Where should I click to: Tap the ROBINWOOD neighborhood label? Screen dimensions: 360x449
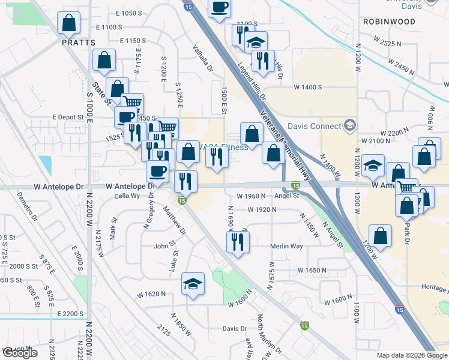(389, 22)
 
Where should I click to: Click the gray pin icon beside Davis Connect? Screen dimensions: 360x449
(349, 126)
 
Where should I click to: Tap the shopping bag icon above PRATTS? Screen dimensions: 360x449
(69, 23)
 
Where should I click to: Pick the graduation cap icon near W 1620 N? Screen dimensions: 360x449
(193, 283)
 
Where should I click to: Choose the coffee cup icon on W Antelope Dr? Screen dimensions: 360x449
(158, 172)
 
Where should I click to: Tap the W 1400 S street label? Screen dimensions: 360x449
(308, 87)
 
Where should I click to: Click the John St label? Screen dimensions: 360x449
(164, 245)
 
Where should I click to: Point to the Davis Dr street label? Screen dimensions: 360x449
(235, 328)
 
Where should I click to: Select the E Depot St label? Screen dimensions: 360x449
(66, 117)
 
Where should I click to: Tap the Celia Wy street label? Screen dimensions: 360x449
(127, 196)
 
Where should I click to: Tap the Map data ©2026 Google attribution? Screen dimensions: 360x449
(412, 355)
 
